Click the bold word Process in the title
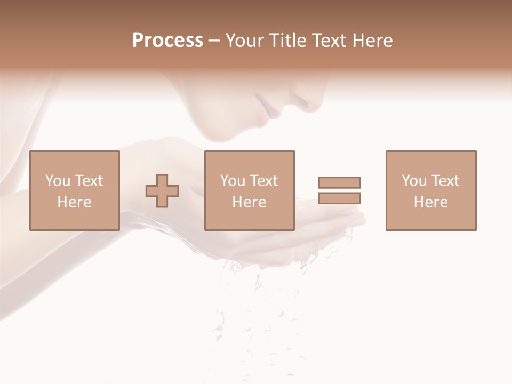click(x=167, y=41)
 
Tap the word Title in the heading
click(x=289, y=41)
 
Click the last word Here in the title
click(x=373, y=41)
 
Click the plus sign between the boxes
click(x=162, y=191)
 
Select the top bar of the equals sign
click(x=339, y=182)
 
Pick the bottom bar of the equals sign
click(x=339, y=198)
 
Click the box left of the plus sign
click(x=75, y=190)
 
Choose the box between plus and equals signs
click(x=249, y=190)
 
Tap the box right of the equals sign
click(x=431, y=190)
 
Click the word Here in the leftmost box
click(x=74, y=202)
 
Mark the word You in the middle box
click(x=233, y=181)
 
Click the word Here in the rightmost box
click(x=431, y=202)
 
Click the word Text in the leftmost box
click(x=89, y=181)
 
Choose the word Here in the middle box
click(x=249, y=202)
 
